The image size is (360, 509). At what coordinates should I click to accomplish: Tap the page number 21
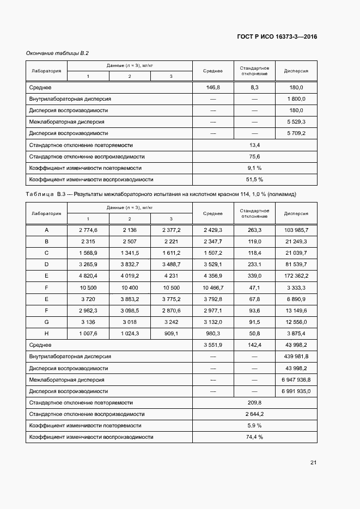[313, 463]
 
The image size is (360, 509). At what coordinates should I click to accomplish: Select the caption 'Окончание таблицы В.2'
[57, 53]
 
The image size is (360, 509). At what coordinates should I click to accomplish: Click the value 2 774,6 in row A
[88, 230]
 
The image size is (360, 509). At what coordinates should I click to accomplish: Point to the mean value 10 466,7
[212, 287]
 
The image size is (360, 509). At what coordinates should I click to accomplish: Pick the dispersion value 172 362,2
[295, 276]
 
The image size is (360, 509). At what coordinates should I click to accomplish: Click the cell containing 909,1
[171, 333]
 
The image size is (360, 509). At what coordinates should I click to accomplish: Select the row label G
[46, 322]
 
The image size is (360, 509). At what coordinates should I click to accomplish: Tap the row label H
[46, 333]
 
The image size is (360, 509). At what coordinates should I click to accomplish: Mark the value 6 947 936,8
[295, 379]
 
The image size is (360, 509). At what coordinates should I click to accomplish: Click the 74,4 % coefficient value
[254, 437]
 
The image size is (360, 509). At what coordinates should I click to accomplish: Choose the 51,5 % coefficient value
[254, 179]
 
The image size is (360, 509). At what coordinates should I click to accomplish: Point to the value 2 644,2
[254, 414]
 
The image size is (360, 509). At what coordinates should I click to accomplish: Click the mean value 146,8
[212, 87]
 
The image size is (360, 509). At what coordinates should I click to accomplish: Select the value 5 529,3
[295, 122]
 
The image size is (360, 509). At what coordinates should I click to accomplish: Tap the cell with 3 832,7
[130, 265]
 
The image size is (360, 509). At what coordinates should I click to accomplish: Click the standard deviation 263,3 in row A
[254, 230]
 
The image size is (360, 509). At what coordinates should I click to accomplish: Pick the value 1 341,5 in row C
[130, 253]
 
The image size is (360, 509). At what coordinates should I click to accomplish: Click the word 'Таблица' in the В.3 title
[39, 194]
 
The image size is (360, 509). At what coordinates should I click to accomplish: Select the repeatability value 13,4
[254, 145]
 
